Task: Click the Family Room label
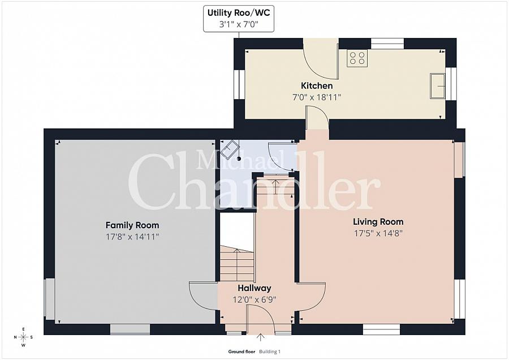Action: [132, 225]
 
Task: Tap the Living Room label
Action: [378, 222]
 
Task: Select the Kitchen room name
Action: [317, 86]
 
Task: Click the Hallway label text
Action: [254, 288]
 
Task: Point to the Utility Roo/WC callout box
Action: [239, 19]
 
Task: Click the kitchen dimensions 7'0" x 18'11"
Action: [317, 97]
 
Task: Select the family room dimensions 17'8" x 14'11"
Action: [132, 237]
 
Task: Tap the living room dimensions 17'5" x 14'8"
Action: [378, 233]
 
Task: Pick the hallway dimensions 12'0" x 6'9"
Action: [254, 299]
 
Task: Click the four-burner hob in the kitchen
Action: [357, 58]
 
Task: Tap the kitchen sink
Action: [438, 86]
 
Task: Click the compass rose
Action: [23, 337]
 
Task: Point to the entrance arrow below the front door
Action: [260, 337]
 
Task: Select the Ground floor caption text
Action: [241, 352]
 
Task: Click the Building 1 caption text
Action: [270, 352]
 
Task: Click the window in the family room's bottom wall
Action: [130, 329]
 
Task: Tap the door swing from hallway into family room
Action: [203, 295]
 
